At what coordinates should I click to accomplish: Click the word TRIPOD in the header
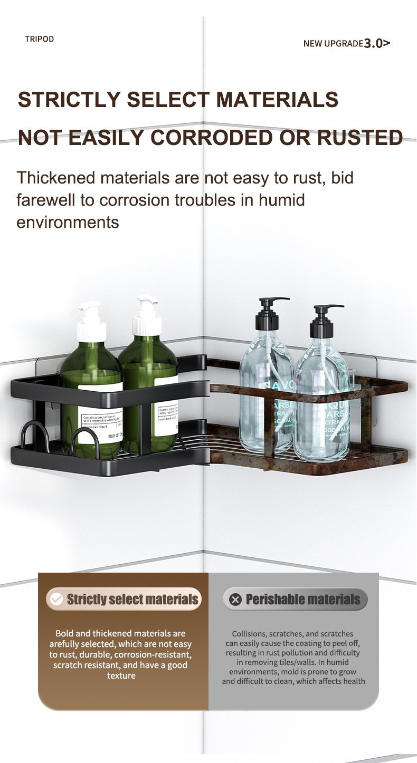39,39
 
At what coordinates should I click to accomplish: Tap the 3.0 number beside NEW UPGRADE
373,43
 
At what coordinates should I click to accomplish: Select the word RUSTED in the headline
360,138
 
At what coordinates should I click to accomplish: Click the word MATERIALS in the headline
277,100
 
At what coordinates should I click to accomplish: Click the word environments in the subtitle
68,223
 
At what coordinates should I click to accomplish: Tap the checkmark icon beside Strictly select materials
56,599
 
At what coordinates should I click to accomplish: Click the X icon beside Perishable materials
235,599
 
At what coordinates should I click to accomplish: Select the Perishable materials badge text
303,599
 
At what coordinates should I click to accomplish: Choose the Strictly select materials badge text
132,599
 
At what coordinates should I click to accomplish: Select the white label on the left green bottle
101,412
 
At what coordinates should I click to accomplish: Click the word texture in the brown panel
121,675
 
